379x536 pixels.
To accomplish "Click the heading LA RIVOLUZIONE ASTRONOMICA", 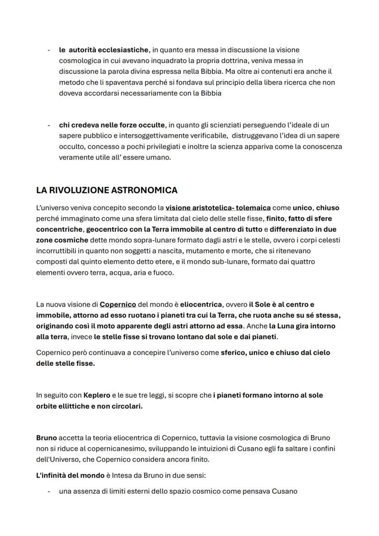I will (107, 190).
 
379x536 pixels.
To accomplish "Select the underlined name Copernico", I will (118, 304).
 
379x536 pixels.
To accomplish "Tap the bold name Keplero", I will (97, 395).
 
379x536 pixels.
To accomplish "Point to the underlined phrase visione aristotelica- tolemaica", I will (218, 208).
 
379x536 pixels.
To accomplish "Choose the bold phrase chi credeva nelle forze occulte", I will (112, 125).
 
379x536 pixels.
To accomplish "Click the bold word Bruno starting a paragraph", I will (46, 438).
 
